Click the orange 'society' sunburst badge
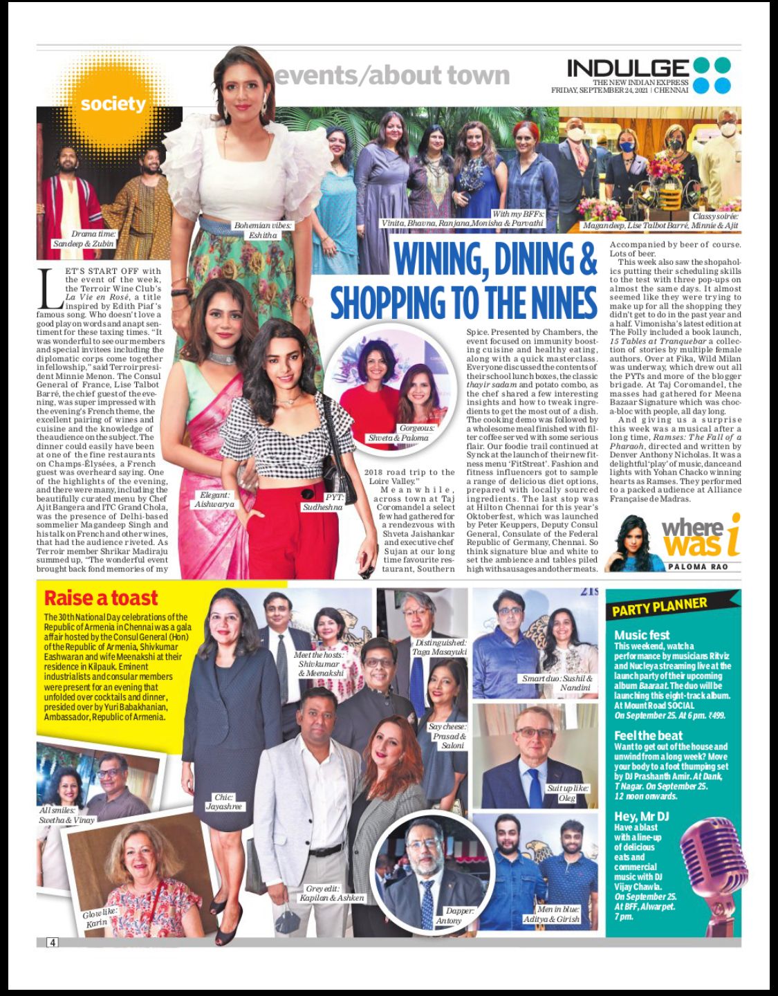click(113, 104)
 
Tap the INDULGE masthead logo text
click(628, 68)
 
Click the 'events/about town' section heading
click(392, 75)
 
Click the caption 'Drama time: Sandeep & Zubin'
click(84, 239)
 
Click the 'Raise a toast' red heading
click(101, 598)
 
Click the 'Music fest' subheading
click(642, 634)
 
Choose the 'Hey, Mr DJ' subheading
click(643, 816)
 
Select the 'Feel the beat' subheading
click(648, 735)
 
